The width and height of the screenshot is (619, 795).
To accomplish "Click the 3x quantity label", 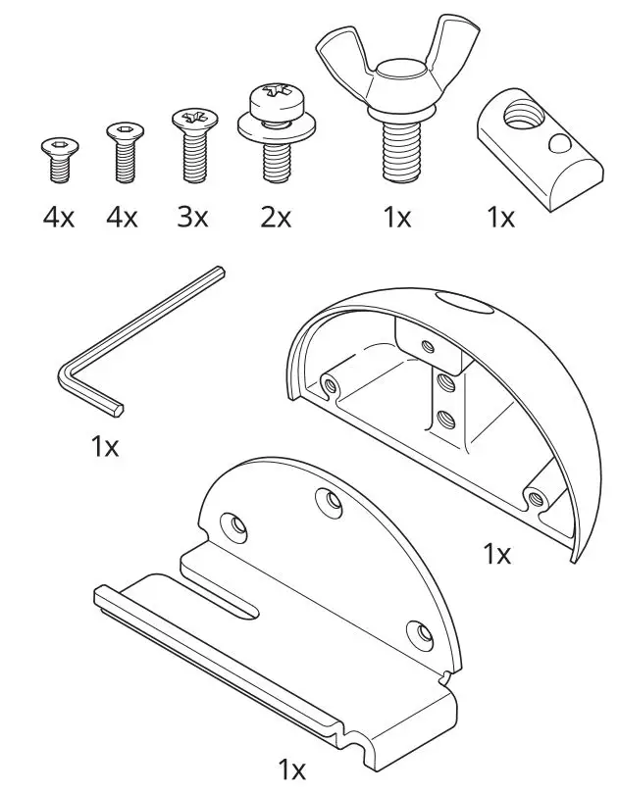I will (191, 217).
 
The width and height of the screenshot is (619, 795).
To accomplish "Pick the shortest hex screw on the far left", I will (58, 160).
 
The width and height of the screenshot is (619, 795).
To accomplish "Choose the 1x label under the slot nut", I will (500, 217).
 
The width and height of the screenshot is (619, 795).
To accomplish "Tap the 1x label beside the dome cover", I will (497, 554).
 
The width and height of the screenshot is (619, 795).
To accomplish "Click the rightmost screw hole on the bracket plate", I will (417, 633).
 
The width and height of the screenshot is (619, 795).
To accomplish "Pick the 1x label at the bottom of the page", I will (291, 770).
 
